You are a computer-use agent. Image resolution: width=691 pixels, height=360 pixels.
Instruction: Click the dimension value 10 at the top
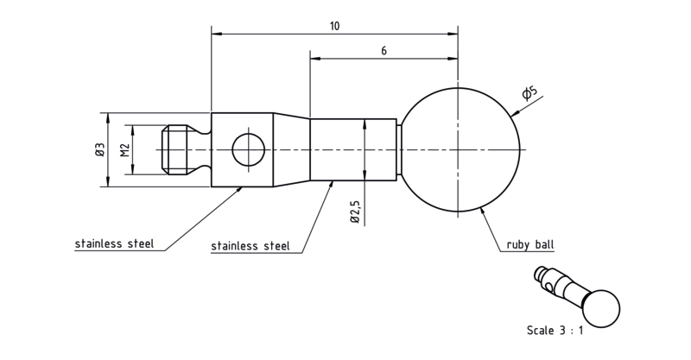tap(335, 26)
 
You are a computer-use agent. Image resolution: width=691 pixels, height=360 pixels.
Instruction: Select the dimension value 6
tap(384, 51)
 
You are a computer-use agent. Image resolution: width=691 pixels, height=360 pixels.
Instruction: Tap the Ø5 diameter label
tap(529, 92)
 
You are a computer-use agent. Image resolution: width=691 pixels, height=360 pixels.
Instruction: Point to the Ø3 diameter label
tap(99, 149)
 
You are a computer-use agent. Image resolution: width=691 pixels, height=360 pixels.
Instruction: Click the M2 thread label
tap(125, 150)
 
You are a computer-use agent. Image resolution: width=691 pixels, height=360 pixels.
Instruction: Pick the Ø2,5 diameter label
tap(356, 212)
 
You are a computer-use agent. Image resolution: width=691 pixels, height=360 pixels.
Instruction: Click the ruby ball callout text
tap(530, 244)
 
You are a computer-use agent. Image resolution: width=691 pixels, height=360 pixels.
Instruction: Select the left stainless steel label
tap(114, 243)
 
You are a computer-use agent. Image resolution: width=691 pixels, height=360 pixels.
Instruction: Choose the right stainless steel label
tap(250, 246)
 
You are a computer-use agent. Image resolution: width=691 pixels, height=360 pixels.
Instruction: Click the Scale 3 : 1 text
tap(555, 330)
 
